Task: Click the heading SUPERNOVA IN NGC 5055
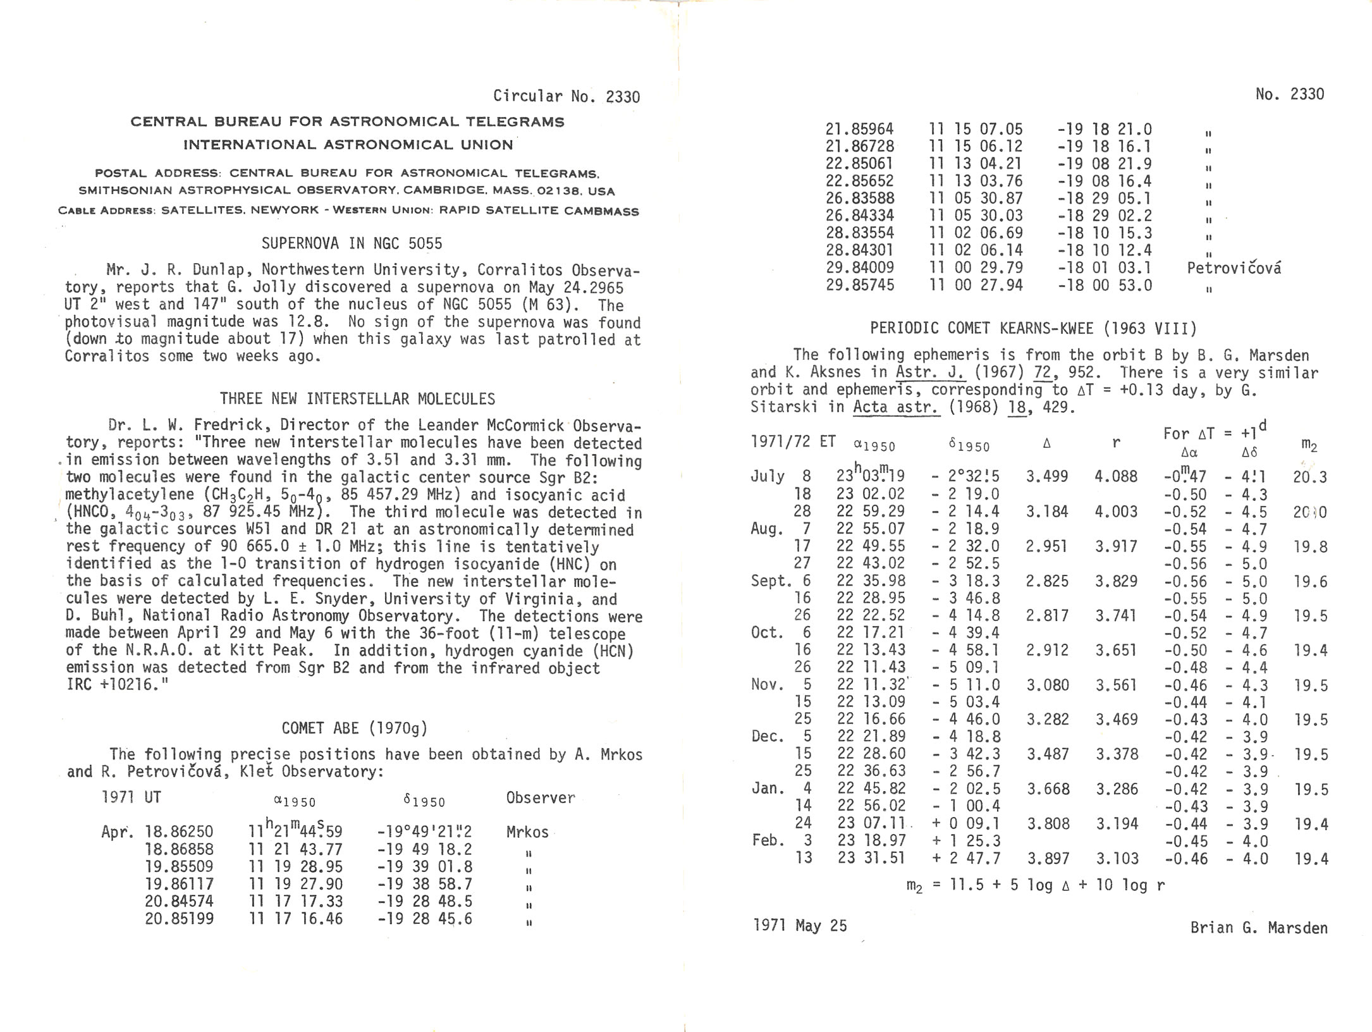[352, 243]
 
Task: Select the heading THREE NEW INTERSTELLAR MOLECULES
[357, 399]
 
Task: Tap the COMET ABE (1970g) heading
[355, 728]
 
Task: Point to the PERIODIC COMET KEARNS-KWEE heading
[1033, 328]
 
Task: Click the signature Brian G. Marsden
[1258, 928]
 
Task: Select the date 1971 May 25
[800, 926]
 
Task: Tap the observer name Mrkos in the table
[527, 832]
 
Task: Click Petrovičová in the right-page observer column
[1234, 268]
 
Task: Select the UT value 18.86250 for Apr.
[179, 832]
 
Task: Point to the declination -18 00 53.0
[1105, 285]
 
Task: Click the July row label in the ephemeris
[767, 476]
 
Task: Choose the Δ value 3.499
[1046, 476]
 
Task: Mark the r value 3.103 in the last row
[1117, 858]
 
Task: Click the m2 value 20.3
[1309, 477]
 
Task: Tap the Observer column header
[541, 798]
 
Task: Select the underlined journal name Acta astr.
[895, 407]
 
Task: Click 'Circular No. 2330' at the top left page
[566, 96]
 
